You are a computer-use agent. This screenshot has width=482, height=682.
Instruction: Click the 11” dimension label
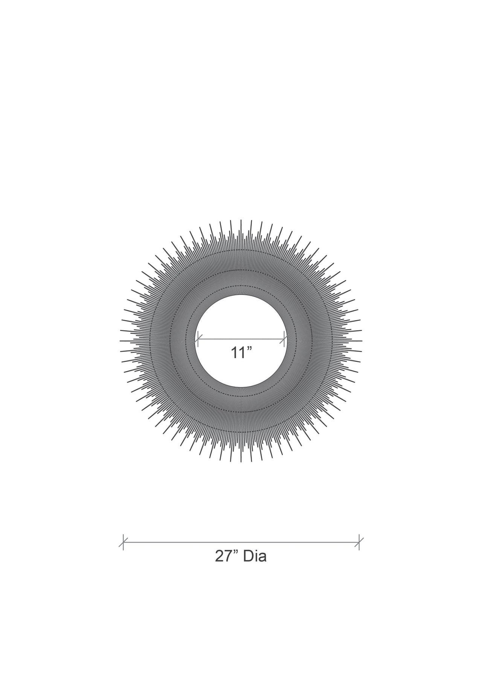click(x=241, y=353)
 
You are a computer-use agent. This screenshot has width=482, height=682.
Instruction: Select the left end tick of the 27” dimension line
click(x=123, y=542)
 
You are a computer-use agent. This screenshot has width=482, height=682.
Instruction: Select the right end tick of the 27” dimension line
click(x=359, y=542)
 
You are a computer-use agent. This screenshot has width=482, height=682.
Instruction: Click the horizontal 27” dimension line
click(x=241, y=542)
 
